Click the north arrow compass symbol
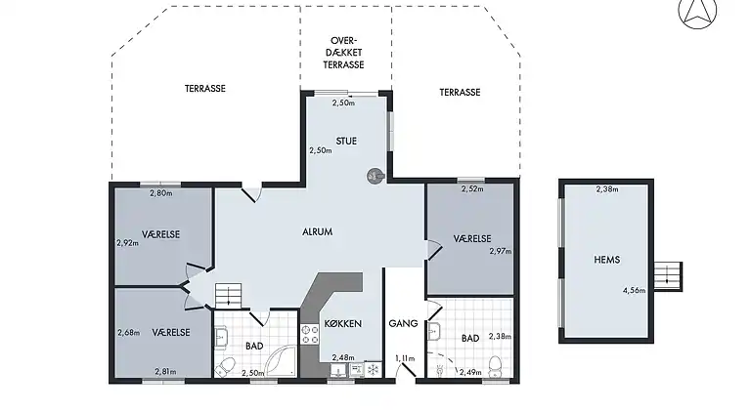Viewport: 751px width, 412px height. (x=697, y=13)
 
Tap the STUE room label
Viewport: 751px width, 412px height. (x=346, y=141)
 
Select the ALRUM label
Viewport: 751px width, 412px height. (x=317, y=231)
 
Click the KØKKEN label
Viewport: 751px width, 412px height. (x=343, y=323)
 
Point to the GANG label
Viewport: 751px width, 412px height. (x=403, y=323)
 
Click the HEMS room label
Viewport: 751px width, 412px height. (x=607, y=260)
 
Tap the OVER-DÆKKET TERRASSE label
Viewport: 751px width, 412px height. (x=343, y=53)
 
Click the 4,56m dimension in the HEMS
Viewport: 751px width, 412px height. (x=634, y=290)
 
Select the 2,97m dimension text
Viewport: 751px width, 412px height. (x=500, y=251)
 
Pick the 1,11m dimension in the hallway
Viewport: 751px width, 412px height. (x=405, y=358)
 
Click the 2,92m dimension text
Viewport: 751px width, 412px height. (x=127, y=243)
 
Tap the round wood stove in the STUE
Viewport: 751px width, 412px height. (x=375, y=176)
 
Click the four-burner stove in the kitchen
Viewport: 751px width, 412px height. (x=309, y=335)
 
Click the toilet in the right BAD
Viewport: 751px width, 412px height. (x=495, y=366)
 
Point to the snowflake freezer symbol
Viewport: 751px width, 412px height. (x=374, y=369)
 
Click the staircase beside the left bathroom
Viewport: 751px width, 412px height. (x=229, y=296)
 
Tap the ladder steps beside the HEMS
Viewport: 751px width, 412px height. (x=668, y=276)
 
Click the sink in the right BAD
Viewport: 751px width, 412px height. (x=433, y=331)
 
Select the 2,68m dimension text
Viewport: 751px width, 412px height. (x=128, y=333)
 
